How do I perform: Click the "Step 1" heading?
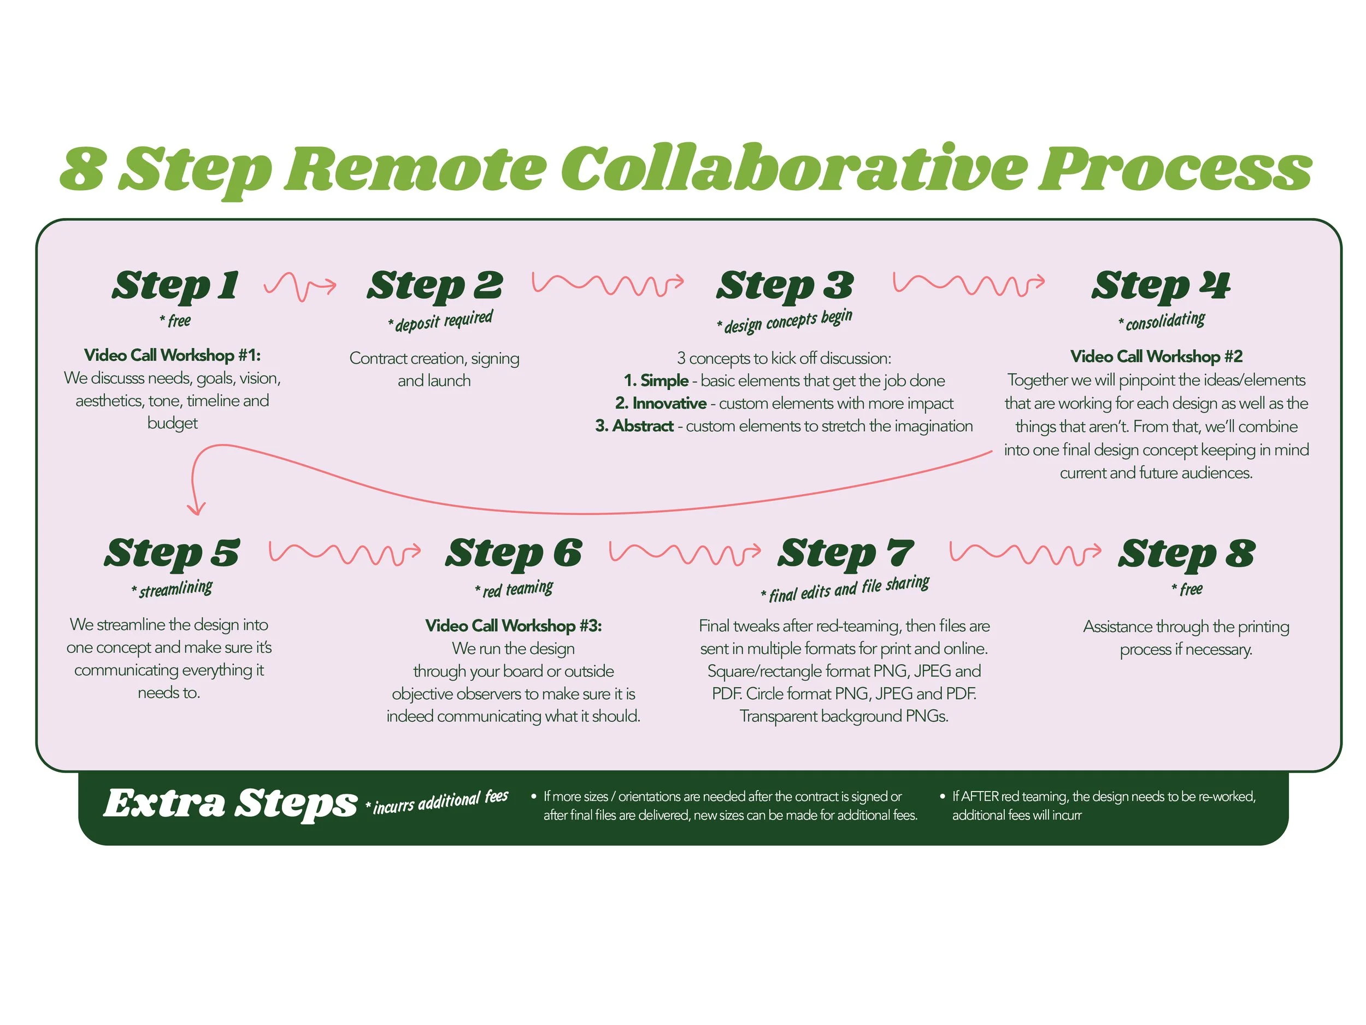(x=175, y=285)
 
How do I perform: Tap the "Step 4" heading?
(x=1161, y=285)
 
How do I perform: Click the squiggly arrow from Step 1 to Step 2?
(x=300, y=286)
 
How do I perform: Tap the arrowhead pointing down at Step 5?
(x=196, y=508)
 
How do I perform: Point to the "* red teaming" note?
(x=514, y=589)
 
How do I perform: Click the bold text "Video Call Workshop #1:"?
(x=172, y=355)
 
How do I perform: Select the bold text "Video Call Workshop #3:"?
(x=513, y=626)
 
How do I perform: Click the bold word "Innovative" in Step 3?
(x=669, y=403)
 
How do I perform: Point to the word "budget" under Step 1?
(x=172, y=423)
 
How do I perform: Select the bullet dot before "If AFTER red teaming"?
(x=943, y=796)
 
